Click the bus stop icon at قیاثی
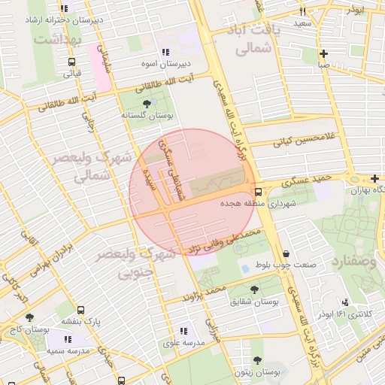coord(71,62)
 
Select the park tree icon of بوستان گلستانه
coord(146,104)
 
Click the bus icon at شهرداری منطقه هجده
coord(258,192)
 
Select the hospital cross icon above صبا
coord(323,53)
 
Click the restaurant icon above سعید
coord(302,12)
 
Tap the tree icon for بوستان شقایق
coord(254,289)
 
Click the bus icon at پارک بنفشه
coord(80,309)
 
